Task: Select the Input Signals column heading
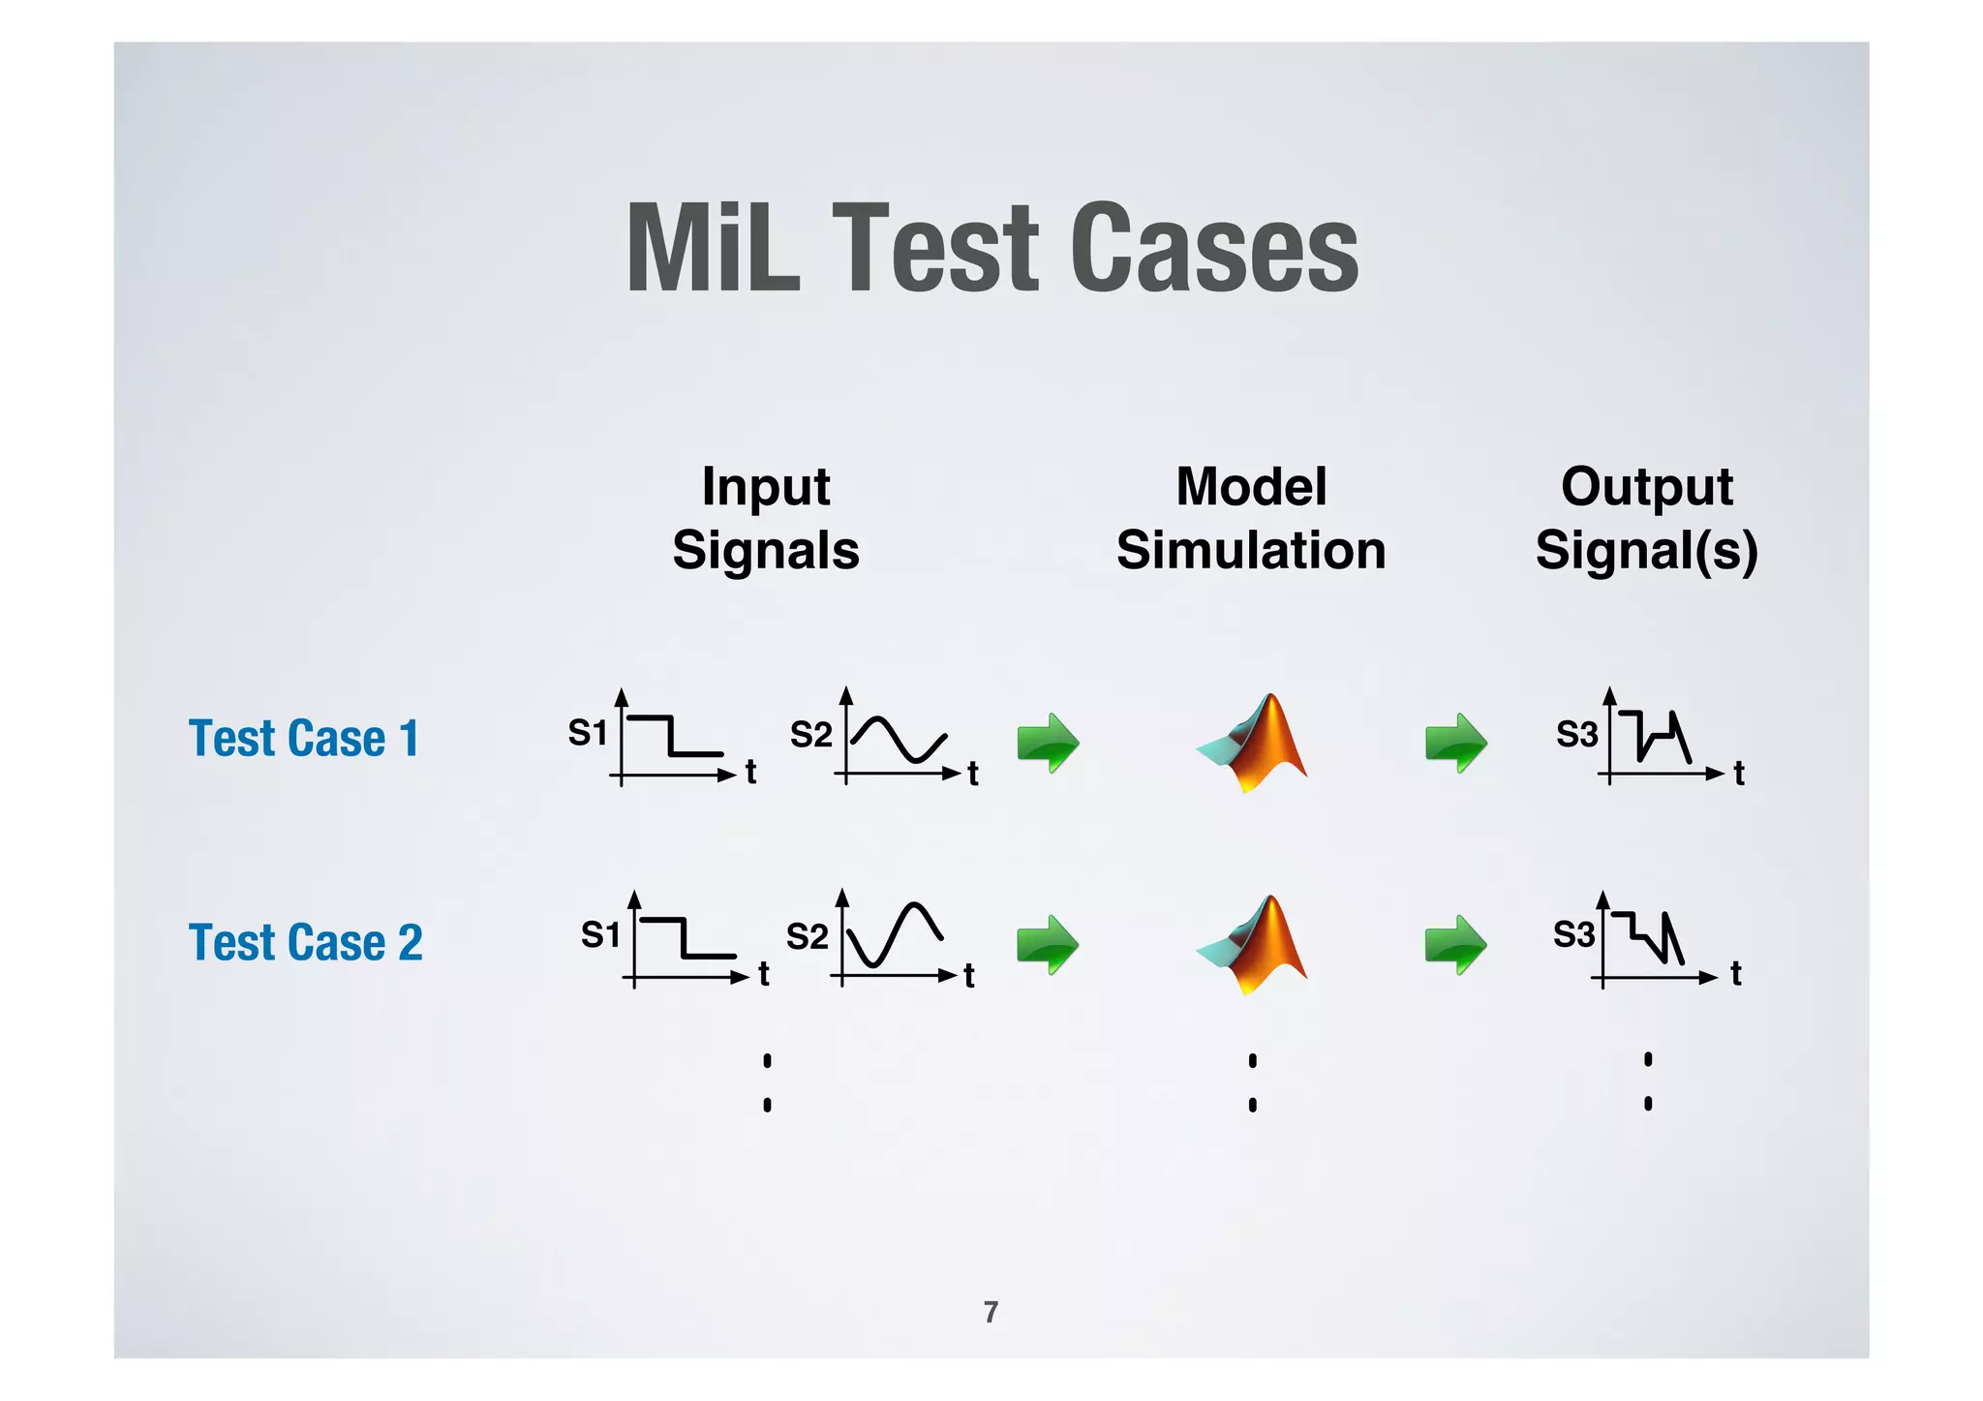pyautogui.click(x=766, y=518)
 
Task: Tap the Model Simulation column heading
pyautogui.click(x=1251, y=518)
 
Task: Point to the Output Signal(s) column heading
pyautogui.click(x=1647, y=518)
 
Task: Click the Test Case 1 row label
pyautogui.click(x=304, y=739)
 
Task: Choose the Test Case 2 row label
pyautogui.click(x=306, y=942)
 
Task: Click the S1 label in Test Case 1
pyautogui.click(x=588, y=734)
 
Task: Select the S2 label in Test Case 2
pyautogui.click(x=807, y=937)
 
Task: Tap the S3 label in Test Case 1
pyautogui.click(x=1576, y=735)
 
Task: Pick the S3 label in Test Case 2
pyautogui.click(x=1573, y=935)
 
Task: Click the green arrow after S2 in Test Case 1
pyautogui.click(x=1048, y=743)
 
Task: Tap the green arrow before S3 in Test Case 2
pyautogui.click(x=1455, y=944)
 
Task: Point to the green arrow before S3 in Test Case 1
pyautogui.click(x=1455, y=743)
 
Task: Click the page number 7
pyautogui.click(x=991, y=1312)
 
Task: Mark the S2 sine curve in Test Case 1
pyautogui.click(x=899, y=740)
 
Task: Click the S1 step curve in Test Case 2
pyautogui.click(x=686, y=937)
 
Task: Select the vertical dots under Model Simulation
pyautogui.click(x=1253, y=1082)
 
